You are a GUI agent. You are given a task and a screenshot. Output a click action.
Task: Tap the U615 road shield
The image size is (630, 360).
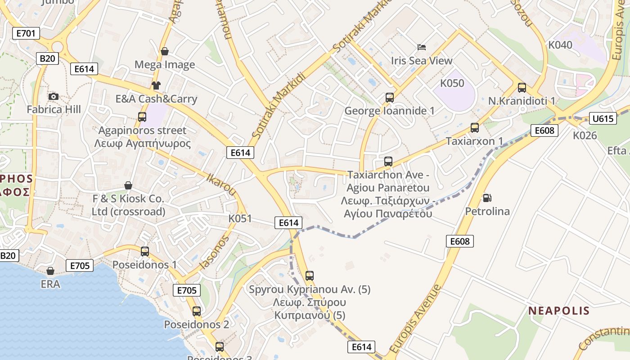(603, 119)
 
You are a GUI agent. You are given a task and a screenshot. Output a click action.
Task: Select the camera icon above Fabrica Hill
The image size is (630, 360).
(54, 96)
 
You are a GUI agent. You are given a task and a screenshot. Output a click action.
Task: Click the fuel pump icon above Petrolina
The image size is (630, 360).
(487, 198)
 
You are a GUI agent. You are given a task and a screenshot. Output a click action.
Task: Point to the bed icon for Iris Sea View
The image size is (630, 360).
(422, 47)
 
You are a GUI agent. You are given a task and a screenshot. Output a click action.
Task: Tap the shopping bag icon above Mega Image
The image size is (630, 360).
(165, 51)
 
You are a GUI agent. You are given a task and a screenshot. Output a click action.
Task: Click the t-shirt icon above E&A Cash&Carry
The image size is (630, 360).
(156, 85)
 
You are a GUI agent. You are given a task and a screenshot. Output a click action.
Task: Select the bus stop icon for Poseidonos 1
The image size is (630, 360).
(145, 251)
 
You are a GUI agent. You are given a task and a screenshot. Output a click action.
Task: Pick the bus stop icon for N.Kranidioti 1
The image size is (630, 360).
(522, 87)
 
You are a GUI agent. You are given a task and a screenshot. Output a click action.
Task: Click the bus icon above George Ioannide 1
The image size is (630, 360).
(390, 97)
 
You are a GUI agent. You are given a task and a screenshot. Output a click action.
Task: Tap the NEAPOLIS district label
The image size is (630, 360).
(558, 310)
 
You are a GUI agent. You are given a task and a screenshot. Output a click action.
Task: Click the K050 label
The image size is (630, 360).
(452, 83)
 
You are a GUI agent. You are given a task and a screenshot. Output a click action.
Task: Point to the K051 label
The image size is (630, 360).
(240, 219)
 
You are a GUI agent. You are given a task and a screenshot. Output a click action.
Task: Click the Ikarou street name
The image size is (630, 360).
(221, 184)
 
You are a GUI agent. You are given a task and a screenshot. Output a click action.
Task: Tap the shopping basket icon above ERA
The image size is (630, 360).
(50, 271)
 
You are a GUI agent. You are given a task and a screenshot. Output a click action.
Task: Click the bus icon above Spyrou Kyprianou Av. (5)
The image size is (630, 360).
(310, 276)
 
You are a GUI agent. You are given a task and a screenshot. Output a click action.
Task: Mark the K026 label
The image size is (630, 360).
(585, 135)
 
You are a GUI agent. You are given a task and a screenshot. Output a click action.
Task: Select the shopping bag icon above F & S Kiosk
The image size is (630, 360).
(128, 185)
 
